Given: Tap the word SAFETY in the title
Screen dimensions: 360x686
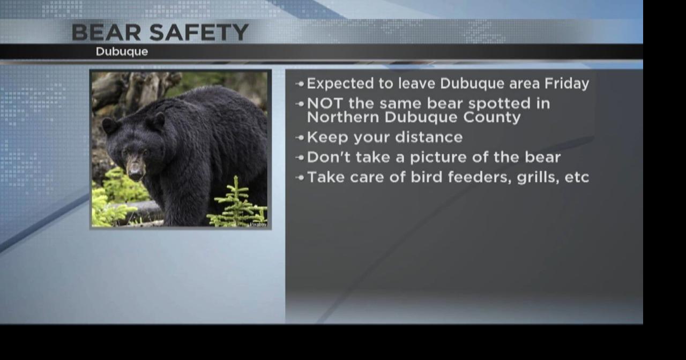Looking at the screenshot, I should (198, 33).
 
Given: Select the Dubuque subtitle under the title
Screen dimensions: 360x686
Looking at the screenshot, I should (122, 52).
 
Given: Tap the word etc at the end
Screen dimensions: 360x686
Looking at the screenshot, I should (577, 177).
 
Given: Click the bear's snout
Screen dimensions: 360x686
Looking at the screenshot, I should (136, 169).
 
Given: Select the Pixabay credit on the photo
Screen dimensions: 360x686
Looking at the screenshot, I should (258, 224).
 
